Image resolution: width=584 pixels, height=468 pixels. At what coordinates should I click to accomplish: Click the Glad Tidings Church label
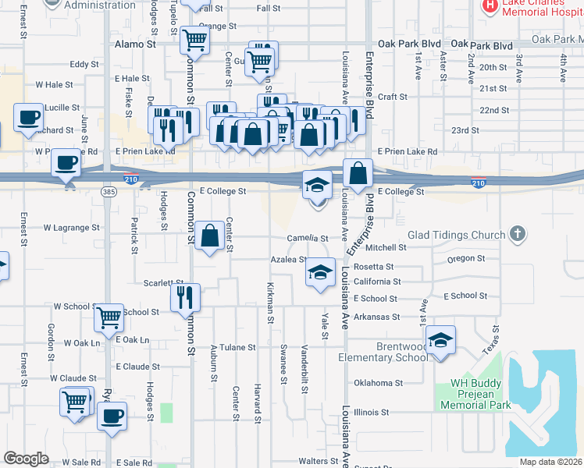click(x=456, y=236)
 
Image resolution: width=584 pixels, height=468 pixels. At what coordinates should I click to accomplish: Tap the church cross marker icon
click(x=516, y=234)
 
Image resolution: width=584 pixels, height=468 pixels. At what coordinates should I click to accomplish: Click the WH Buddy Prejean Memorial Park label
click(x=475, y=394)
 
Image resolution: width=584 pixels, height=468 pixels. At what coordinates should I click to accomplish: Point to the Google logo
click(x=26, y=458)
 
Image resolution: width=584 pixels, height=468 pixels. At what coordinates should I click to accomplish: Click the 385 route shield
click(x=109, y=190)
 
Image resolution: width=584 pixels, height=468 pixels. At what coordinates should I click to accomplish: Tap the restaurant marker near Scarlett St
click(x=186, y=297)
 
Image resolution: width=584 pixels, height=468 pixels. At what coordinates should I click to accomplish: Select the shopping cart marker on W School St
click(x=109, y=317)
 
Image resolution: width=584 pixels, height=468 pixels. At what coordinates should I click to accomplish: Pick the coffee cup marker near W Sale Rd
click(x=112, y=415)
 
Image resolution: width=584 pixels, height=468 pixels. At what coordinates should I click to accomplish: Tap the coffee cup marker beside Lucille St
click(x=29, y=118)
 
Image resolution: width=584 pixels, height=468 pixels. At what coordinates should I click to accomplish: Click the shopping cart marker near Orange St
click(x=194, y=39)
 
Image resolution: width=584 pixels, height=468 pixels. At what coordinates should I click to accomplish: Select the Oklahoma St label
click(x=378, y=383)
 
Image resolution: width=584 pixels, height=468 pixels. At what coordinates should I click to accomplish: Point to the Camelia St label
click(x=307, y=238)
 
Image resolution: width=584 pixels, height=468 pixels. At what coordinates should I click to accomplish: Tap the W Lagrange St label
click(x=71, y=228)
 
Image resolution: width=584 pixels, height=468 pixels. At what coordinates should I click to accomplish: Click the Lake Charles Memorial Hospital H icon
click(x=490, y=6)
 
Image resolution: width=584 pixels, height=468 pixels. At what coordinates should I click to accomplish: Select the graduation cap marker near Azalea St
click(x=320, y=272)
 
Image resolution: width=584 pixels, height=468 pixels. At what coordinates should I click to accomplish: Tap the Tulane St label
click(x=237, y=347)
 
